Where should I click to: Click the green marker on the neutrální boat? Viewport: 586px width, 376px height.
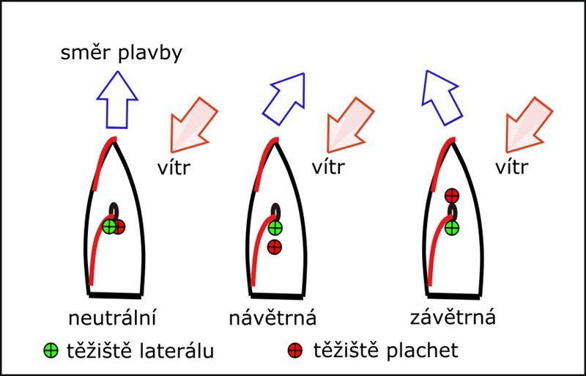click(110, 227)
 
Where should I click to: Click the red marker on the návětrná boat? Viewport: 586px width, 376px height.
click(275, 247)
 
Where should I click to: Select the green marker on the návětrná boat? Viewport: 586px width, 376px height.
click(275, 227)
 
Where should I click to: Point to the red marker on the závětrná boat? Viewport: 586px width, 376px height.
click(452, 196)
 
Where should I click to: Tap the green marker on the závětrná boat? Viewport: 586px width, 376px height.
click(452, 227)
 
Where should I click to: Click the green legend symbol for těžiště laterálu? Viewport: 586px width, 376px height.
click(51, 351)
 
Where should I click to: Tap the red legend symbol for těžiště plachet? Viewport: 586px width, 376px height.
click(294, 351)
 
